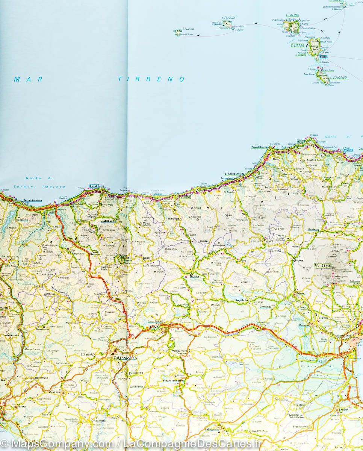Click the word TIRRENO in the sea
point(151,79)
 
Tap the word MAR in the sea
point(29,79)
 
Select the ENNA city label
point(154,328)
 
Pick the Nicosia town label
point(194,277)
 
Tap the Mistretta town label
point(173,218)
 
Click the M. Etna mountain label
point(323,265)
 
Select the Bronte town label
point(299,260)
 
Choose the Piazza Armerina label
point(174,381)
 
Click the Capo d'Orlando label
point(260,147)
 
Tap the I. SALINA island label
point(292,15)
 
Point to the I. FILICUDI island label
point(228,18)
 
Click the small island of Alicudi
point(177,33)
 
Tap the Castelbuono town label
point(109,221)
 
